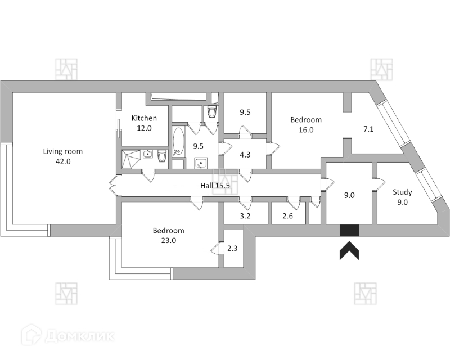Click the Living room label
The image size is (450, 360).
(x=63, y=151)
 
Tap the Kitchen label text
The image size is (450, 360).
(x=144, y=118)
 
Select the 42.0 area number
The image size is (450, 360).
(x=63, y=161)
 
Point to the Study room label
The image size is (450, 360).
(x=402, y=192)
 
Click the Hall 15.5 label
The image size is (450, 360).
(x=216, y=185)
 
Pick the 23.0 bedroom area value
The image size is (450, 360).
(x=168, y=240)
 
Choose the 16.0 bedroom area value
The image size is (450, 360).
(x=306, y=129)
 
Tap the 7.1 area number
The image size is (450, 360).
(x=368, y=129)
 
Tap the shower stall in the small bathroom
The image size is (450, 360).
(x=130, y=159)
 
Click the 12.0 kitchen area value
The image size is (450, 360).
(x=144, y=128)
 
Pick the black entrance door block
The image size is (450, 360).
(x=349, y=231)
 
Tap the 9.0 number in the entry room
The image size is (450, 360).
(x=349, y=196)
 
